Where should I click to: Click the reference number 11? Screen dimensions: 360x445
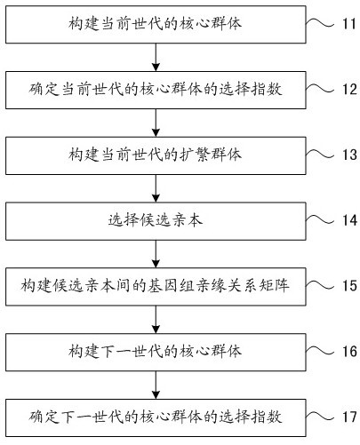click(x=349, y=24)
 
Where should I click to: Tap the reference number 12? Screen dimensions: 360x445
click(x=349, y=89)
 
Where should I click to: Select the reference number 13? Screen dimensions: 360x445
click(x=349, y=155)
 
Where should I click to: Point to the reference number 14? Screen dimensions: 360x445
click(x=349, y=220)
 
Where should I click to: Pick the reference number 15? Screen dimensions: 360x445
click(x=349, y=286)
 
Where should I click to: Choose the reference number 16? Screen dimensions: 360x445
click(x=349, y=352)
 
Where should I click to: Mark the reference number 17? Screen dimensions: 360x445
click(x=349, y=417)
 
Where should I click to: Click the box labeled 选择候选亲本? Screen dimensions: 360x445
click(x=156, y=221)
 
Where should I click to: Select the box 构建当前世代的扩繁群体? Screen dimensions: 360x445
click(x=156, y=155)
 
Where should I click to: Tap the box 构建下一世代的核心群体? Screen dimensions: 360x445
click(x=156, y=352)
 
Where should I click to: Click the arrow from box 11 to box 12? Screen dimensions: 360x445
click(x=156, y=57)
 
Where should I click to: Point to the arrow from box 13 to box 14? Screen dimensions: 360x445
click(x=156, y=188)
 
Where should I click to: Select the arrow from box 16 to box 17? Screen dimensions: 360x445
click(x=156, y=385)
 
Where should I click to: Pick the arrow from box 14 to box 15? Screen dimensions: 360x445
click(x=156, y=254)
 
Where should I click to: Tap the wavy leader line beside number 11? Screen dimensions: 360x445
click(x=320, y=23)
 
